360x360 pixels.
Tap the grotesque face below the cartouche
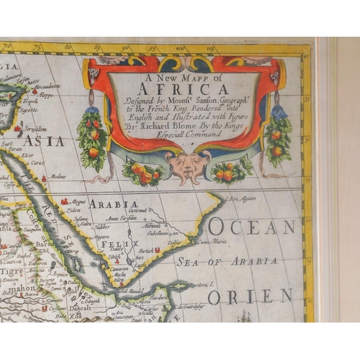[188, 163]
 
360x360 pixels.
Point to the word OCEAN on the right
[252, 227]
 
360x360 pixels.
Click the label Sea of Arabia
[228, 261]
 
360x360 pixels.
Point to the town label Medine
[60, 176]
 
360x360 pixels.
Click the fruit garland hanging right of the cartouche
[276, 133]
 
